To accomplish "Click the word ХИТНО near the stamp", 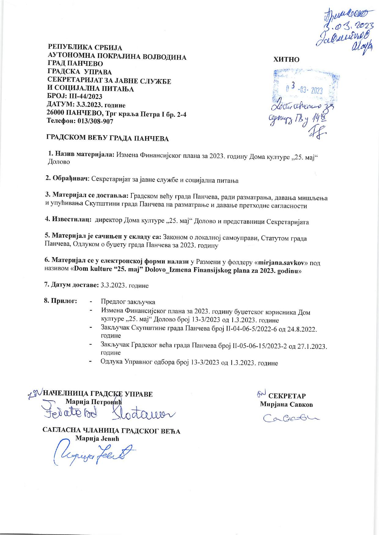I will tap(286, 60).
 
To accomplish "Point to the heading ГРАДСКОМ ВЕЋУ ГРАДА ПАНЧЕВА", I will tap(107, 138).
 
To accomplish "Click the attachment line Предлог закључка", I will tap(128, 302).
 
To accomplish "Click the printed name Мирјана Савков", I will tap(286, 404).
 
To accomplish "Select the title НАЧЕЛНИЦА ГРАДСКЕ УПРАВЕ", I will tap(98, 394).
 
